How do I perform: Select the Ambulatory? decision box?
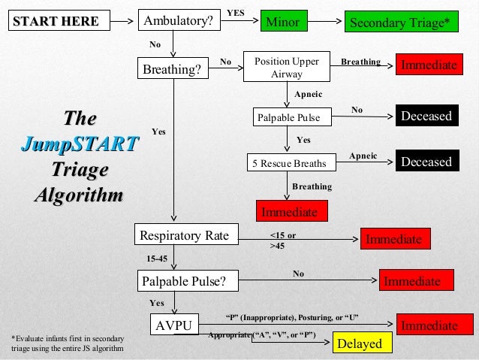point(179,22)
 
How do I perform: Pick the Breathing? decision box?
point(172,69)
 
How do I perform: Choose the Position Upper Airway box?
point(287,68)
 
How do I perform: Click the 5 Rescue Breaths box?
point(289,162)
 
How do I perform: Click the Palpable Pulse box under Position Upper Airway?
point(288,117)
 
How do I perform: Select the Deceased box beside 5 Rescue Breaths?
point(426,162)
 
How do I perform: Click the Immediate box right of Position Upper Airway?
point(428,65)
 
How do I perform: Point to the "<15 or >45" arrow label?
point(282,239)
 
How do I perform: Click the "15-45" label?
point(156,259)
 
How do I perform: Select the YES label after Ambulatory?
point(236,13)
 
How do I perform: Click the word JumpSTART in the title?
point(80,144)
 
